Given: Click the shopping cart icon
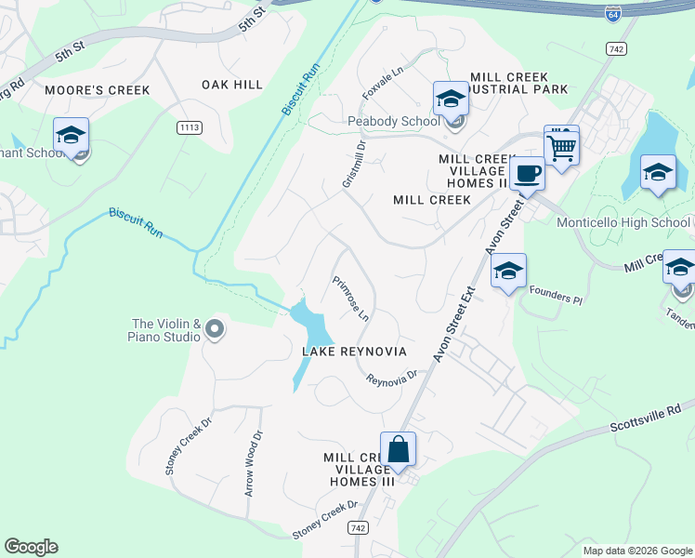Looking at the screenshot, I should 561,147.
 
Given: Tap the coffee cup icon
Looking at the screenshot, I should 527,173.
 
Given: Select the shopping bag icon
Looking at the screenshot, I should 398,449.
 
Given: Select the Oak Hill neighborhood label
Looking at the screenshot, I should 232,85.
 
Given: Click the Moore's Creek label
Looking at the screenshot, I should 111,90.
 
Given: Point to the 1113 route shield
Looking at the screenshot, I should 189,127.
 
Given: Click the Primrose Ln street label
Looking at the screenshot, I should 351,299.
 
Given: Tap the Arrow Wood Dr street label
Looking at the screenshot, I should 254,462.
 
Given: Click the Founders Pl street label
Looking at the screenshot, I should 555,296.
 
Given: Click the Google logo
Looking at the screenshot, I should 31,547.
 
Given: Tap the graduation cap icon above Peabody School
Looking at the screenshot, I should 451,98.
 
